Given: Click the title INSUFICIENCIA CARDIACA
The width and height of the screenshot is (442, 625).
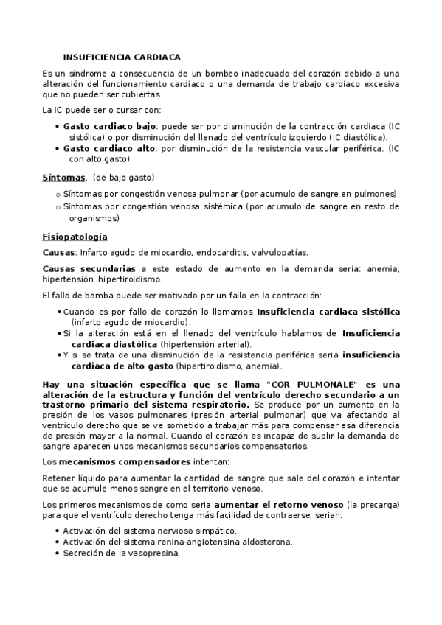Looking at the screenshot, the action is (x=122, y=56).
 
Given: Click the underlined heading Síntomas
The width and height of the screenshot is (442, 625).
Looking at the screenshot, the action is (x=63, y=178).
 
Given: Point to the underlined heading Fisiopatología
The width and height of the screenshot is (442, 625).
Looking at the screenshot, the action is (x=75, y=237).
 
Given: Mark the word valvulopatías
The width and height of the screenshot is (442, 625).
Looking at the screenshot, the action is (x=281, y=251).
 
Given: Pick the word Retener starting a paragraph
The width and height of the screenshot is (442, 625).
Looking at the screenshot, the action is (x=58, y=478).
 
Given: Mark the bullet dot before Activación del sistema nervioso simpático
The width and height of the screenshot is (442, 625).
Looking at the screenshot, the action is (x=58, y=531).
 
